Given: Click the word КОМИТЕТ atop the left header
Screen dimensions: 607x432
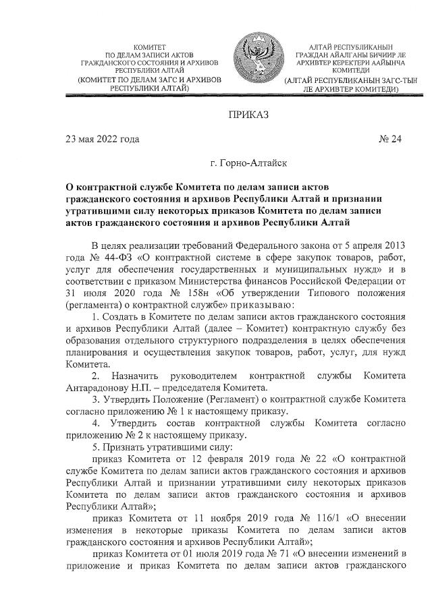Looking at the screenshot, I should point(149,44).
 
